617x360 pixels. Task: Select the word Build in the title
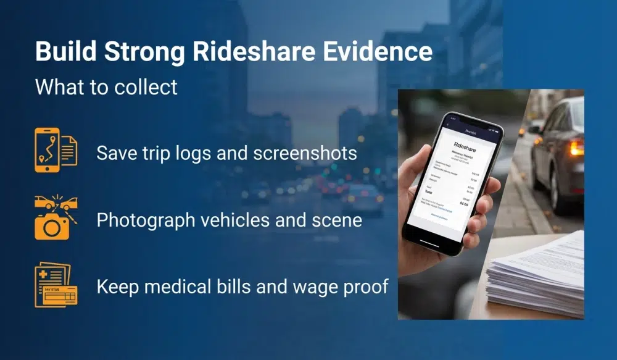[x=64, y=52]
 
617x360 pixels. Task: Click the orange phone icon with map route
[x=47, y=149]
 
